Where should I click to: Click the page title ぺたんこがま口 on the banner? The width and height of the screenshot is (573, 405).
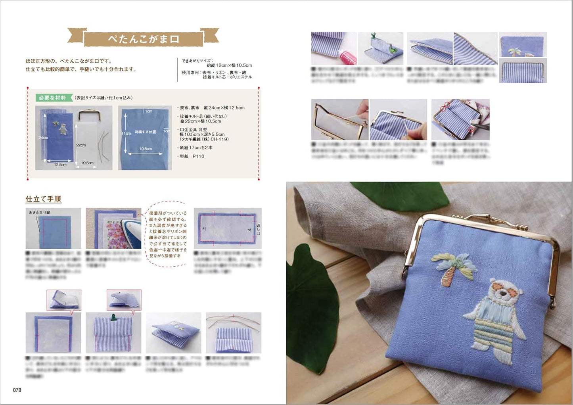pos(144,39)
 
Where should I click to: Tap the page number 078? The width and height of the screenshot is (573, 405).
pos(17,390)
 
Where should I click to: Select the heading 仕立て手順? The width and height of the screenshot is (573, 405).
pos(44,199)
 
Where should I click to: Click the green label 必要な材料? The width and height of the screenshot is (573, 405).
pos(52,98)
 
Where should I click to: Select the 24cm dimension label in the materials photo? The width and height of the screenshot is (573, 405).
pos(43,138)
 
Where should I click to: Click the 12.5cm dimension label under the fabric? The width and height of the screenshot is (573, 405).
pos(60,164)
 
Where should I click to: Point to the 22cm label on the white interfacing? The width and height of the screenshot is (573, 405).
pos(81,145)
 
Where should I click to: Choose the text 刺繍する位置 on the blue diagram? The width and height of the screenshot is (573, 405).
pos(145,132)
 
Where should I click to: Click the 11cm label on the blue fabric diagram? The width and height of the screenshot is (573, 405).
pos(126,134)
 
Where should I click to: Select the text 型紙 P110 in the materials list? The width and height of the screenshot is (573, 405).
pos(192,156)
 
